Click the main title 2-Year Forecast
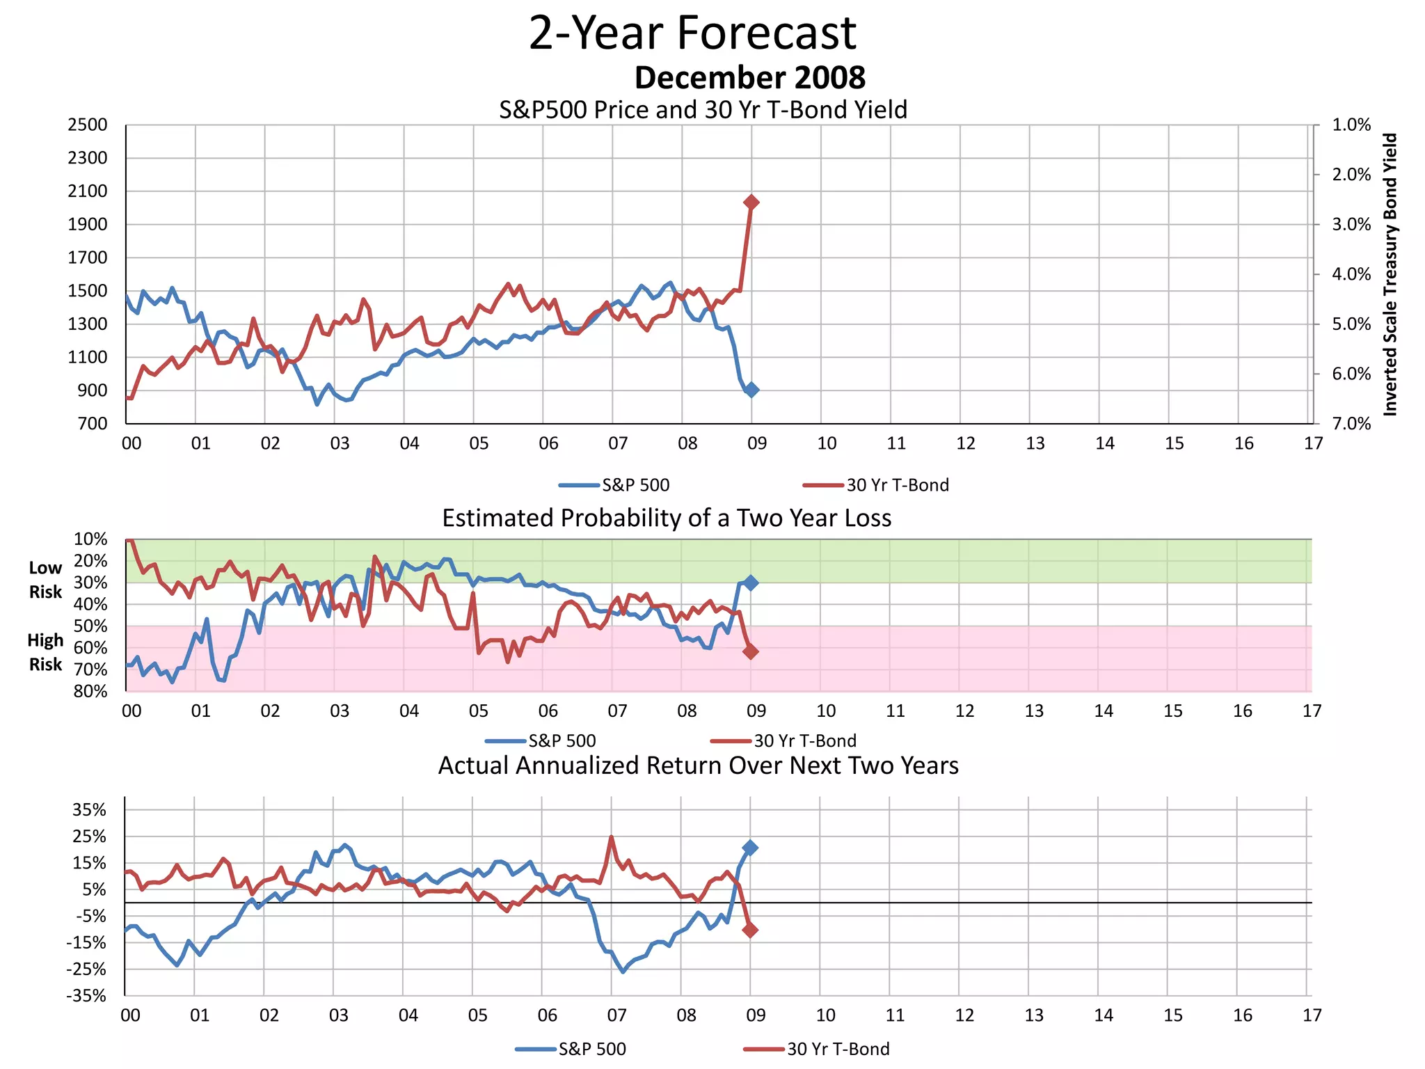(692, 33)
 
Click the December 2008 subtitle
(749, 77)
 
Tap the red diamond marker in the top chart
(751, 202)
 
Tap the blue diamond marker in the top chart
(751, 390)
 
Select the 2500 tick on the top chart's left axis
(88, 125)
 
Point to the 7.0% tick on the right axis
(1351, 424)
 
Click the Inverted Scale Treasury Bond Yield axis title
(1390, 275)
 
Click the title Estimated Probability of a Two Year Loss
(667, 518)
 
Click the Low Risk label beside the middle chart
(45, 580)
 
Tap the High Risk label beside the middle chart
(45, 652)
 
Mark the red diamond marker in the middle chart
(750, 651)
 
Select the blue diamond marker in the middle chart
(750, 583)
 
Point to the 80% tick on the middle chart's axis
(90, 691)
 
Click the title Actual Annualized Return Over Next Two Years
(698, 766)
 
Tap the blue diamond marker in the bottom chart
(750, 848)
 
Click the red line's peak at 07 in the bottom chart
(611, 837)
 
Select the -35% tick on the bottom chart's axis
(86, 996)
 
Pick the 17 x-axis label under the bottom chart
(1312, 1015)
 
